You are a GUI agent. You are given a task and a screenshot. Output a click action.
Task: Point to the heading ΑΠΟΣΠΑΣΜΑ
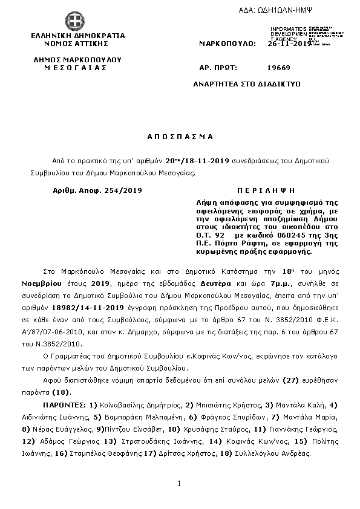[x=180, y=137]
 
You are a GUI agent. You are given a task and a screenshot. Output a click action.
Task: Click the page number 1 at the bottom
[x=180, y=483]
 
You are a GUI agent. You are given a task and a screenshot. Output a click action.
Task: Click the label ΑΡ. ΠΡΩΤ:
[x=218, y=69]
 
